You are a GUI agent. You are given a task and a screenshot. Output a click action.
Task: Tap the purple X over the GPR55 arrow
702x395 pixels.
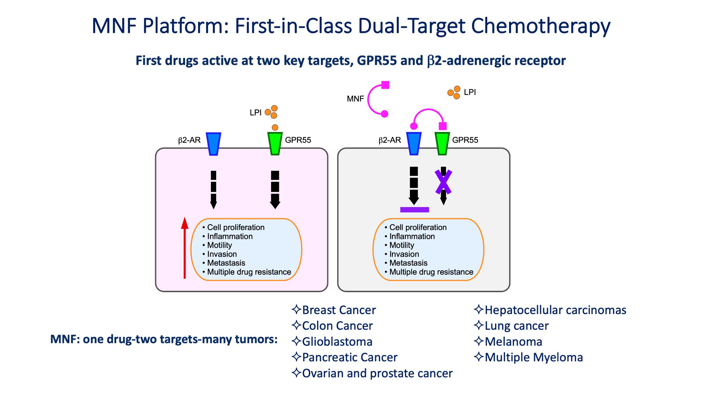443,182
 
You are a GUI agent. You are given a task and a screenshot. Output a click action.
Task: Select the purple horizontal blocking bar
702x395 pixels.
414,210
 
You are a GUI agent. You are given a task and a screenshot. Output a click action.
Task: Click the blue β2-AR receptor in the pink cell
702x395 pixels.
213,144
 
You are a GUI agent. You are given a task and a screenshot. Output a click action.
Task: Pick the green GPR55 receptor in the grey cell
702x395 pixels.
442,144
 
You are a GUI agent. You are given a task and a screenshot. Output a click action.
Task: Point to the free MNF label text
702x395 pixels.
355,99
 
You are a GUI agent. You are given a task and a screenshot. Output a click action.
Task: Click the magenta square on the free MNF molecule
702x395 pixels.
385,85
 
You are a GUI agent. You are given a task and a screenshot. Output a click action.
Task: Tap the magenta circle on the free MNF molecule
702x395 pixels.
384,114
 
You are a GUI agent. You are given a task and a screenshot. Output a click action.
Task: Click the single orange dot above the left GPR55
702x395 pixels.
275,128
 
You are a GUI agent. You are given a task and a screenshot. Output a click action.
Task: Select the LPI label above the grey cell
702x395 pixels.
470,92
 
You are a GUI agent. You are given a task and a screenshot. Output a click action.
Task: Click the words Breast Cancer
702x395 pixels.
339,310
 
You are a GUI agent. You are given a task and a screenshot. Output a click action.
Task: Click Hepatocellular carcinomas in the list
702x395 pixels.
555,310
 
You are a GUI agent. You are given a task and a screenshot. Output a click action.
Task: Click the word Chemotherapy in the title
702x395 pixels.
541,26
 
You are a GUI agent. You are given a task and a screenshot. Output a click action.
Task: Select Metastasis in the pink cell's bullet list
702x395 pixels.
226,263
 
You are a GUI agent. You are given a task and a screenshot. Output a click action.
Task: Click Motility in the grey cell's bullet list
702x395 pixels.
402,245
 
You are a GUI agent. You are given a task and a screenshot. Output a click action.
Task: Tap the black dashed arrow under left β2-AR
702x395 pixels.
213,190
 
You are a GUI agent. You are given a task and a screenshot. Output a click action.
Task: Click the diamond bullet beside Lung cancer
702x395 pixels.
479,325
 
